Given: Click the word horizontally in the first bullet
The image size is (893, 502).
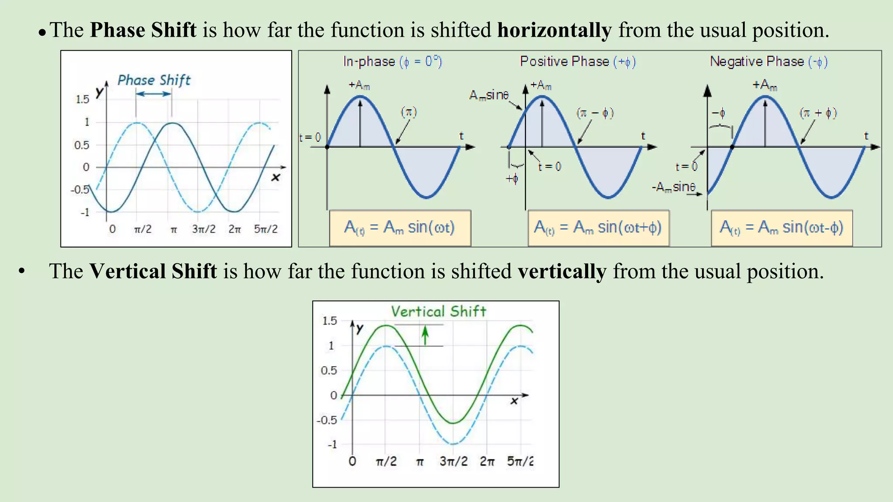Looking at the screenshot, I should [554, 31].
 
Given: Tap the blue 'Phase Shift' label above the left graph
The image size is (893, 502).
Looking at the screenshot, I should [154, 80].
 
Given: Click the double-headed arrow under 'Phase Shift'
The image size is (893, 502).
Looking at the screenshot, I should [153, 94].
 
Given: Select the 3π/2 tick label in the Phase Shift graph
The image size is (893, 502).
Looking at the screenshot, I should [204, 229].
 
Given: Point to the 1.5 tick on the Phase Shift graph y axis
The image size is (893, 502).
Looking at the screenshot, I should [82, 99].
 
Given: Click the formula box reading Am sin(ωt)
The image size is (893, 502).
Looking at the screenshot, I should [400, 228].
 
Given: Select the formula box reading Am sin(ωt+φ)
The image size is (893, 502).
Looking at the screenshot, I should [598, 228].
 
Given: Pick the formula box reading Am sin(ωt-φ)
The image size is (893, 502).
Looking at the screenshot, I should [781, 228].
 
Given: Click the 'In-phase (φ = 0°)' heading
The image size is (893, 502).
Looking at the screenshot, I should [392, 61].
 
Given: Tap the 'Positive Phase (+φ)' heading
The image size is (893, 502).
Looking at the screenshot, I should [578, 61].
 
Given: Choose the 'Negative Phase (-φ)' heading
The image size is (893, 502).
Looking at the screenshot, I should [768, 61].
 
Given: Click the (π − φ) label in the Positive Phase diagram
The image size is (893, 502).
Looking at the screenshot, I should [595, 113].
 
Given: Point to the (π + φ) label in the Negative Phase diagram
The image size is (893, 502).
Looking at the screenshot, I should [818, 113].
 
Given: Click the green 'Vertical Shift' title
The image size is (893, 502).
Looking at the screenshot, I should [438, 312].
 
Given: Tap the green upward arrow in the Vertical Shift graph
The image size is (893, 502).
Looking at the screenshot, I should [425, 336].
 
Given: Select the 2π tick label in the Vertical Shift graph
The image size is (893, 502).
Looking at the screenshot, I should [487, 461].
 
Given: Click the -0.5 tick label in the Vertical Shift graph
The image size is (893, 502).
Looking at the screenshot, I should [327, 421].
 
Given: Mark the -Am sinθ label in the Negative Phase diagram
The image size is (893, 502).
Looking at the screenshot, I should [673, 187].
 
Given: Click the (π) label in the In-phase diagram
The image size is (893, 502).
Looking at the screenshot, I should [409, 112].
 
